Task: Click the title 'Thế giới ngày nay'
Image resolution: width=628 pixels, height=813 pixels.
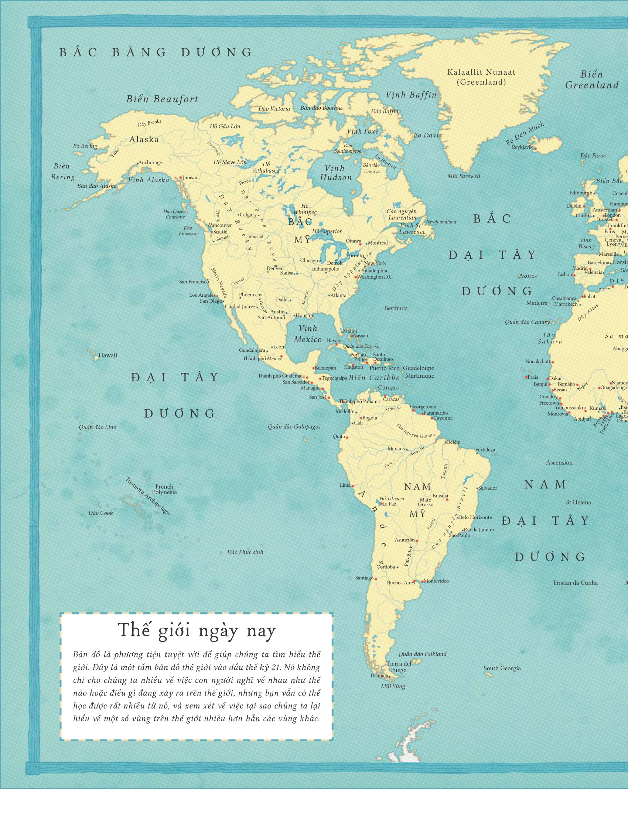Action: coord(197,630)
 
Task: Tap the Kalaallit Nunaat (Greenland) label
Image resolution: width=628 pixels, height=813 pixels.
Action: coord(481,77)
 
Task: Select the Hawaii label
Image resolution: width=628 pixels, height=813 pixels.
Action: coord(107,355)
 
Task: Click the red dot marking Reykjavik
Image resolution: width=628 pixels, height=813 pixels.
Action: coord(535,149)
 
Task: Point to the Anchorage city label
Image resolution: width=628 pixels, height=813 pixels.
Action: coord(150,163)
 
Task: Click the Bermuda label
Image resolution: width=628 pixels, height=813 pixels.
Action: coord(396,308)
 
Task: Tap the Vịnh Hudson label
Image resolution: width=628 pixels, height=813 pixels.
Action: coord(335,173)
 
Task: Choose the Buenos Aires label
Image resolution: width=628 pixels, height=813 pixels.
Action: coord(400,582)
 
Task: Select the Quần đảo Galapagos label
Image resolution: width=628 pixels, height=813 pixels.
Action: coord(294,426)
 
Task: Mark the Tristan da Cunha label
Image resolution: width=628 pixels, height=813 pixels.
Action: coord(575,583)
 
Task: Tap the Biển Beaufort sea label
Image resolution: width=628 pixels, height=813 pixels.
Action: coord(162,99)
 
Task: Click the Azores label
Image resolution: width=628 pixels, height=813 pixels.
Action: coord(528,276)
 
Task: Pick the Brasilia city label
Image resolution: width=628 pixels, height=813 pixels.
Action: coord(440,496)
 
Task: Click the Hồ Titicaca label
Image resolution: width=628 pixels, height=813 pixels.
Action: coord(391,499)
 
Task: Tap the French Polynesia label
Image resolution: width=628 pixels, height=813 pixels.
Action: coord(164,489)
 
